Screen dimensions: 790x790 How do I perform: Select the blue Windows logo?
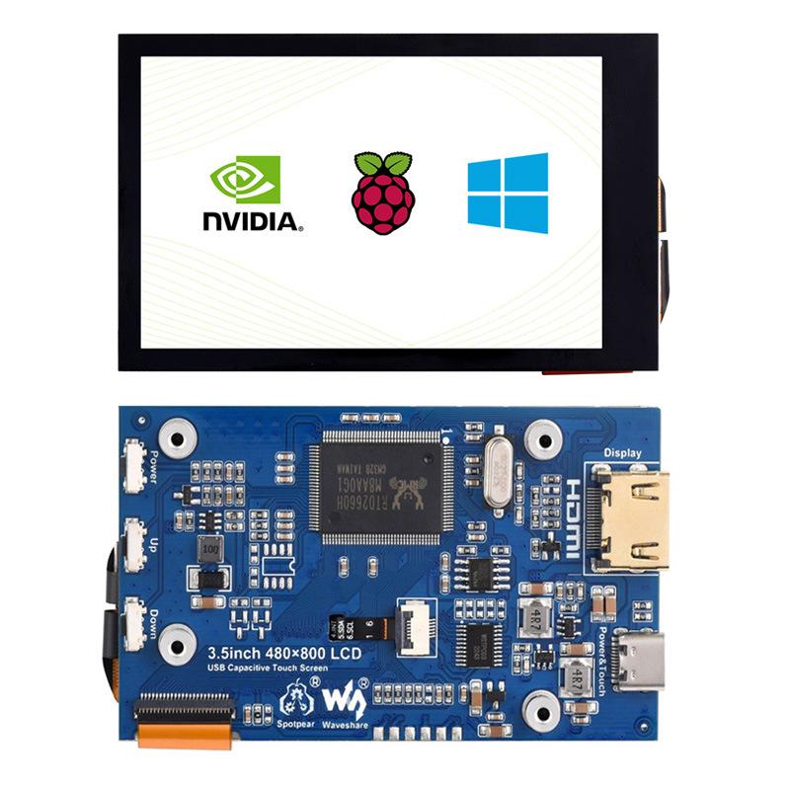508,193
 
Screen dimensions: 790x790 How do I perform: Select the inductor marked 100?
209,548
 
